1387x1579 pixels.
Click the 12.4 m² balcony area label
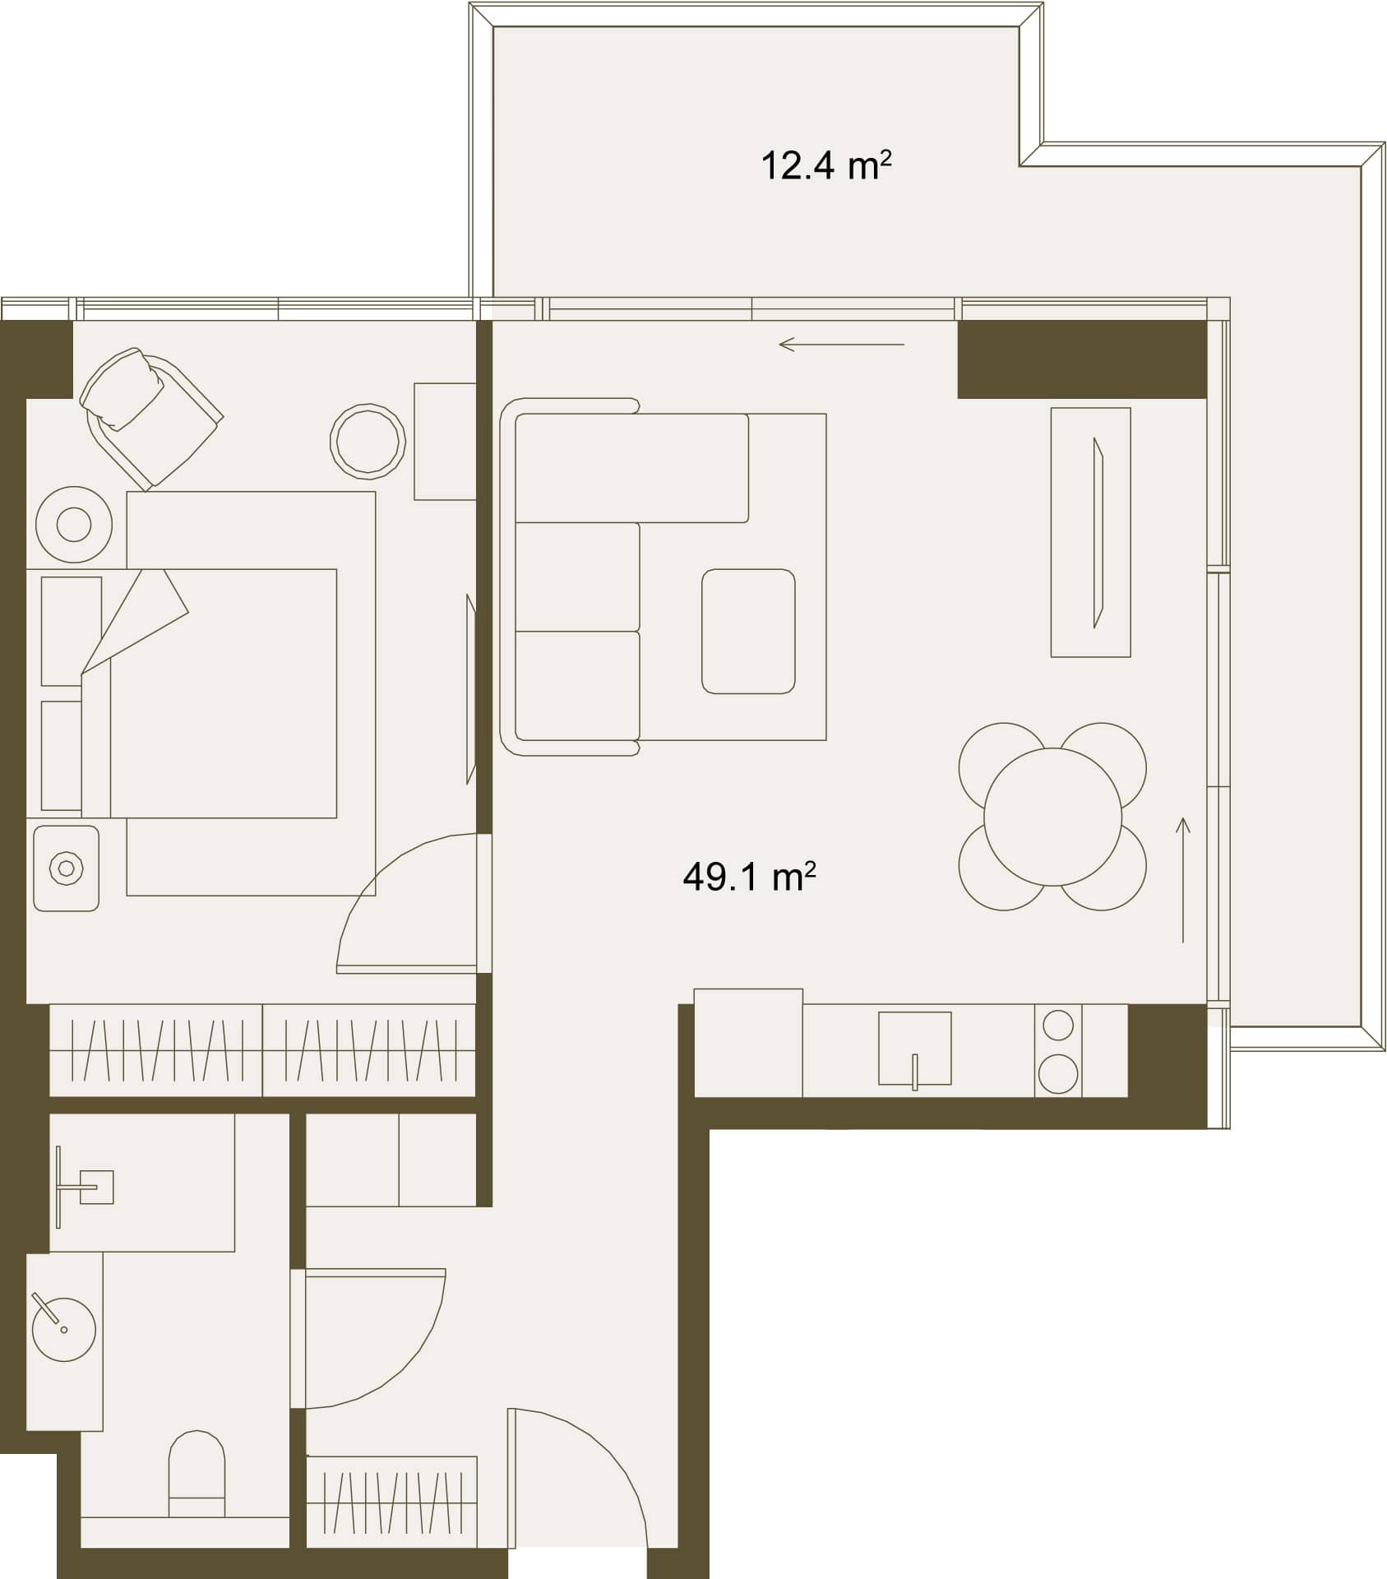coord(825,165)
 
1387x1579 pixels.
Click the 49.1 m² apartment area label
coord(749,877)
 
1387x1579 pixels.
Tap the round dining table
coord(1052,817)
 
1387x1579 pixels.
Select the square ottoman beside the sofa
coord(748,631)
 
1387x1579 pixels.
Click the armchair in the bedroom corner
coord(150,417)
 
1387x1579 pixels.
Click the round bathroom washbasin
coord(63,1329)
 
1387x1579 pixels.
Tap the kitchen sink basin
coord(915,1049)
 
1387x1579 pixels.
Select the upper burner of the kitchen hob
coord(1058,1026)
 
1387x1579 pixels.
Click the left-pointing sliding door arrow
coord(841,344)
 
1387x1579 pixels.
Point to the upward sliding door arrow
coord(1183,879)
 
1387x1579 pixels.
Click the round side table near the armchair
coord(368,441)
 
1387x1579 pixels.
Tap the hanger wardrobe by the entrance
coord(391,1502)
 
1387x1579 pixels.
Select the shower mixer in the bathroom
coord(82,1186)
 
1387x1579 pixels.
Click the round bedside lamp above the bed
coord(74,525)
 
